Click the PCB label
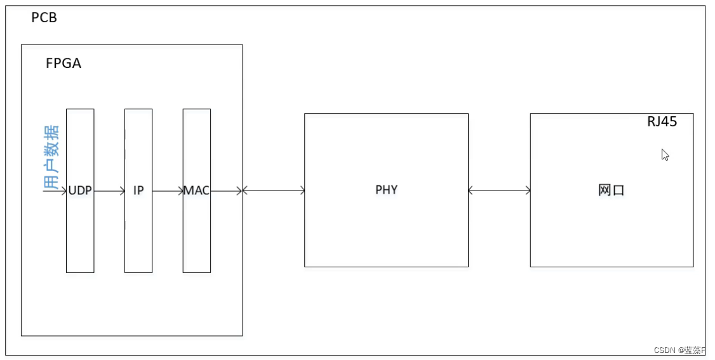pyautogui.click(x=44, y=18)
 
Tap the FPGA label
pyautogui.click(x=63, y=63)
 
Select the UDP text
pyautogui.click(x=80, y=190)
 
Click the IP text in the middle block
pyautogui.click(x=138, y=190)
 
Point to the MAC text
pyautogui.click(x=197, y=190)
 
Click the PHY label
pyautogui.click(x=386, y=190)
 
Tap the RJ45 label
pyautogui.click(x=662, y=122)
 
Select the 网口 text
pyautogui.click(x=611, y=190)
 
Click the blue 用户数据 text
pyautogui.click(x=51, y=157)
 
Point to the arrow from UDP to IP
pyautogui.click(x=109, y=190)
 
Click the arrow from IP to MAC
pyautogui.click(x=168, y=190)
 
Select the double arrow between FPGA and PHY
pyautogui.click(x=273, y=190)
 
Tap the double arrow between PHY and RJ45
pyautogui.click(x=499, y=190)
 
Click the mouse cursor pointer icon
pyautogui.click(x=665, y=155)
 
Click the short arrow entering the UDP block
pyautogui.click(x=57, y=190)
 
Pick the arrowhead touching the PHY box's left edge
pyautogui.click(x=301, y=190)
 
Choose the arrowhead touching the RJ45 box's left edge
pyautogui.click(x=527, y=190)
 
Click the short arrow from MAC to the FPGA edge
pyautogui.click(x=226, y=190)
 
